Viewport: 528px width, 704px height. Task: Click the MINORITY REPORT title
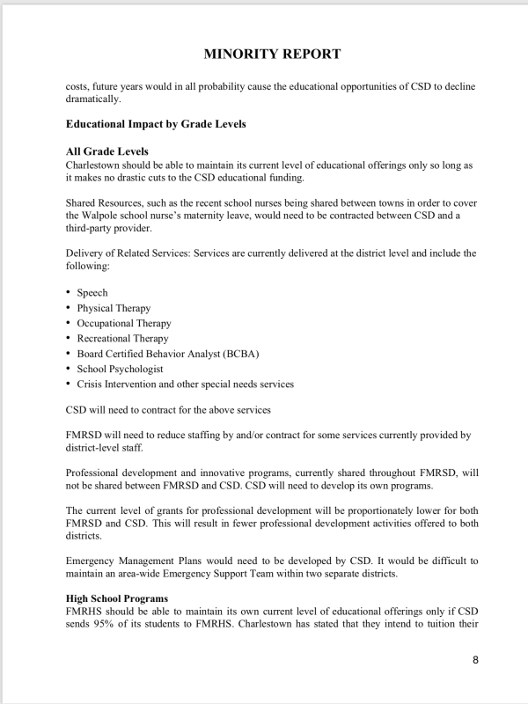click(x=272, y=55)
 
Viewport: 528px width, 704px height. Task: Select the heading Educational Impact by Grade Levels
click(x=156, y=124)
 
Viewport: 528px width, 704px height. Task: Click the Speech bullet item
click(x=92, y=292)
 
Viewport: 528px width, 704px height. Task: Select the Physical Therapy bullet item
click(x=114, y=308)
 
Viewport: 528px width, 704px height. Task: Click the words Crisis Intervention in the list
click(x=120, y=384)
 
